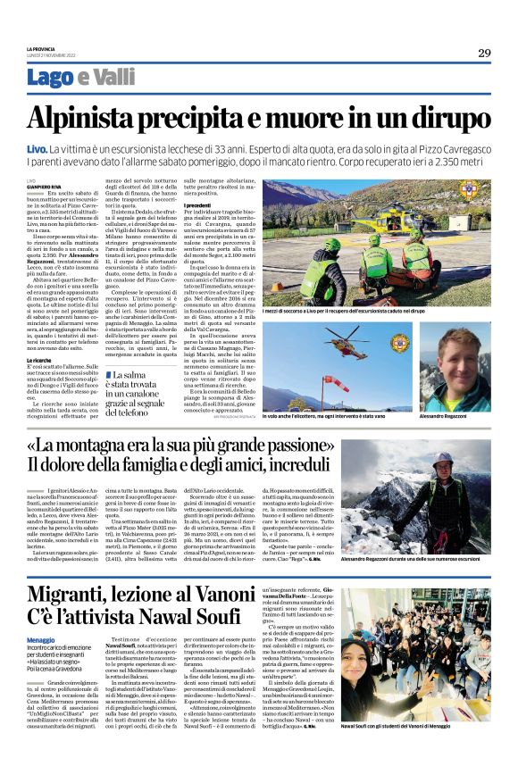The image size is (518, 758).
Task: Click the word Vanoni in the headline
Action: click(255, 594)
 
